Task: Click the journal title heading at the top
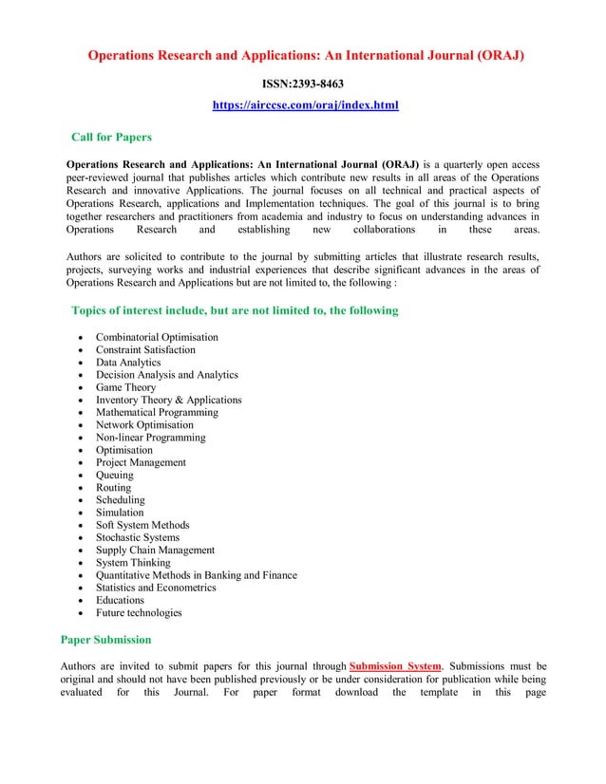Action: coord(305,55)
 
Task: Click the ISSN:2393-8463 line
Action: coord(302,84)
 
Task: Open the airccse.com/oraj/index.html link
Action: coord(304,104)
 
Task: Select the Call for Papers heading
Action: coord(111,138)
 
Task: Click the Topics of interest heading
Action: coord(235,310)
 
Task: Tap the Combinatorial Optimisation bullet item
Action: coord(157,337)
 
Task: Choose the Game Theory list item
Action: coord(125,387)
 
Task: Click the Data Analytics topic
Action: coord(128,363)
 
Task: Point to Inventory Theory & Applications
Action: coord(168,400)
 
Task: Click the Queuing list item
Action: coord(115,475)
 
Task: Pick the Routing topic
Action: coord(113,488)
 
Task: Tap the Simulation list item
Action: coord(120,513)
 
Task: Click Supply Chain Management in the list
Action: coord(155,550)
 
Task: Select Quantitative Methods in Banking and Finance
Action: coord(196,575)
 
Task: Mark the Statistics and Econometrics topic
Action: coord(156,588)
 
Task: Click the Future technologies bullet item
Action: coord(139,612)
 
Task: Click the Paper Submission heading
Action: coord(105,639)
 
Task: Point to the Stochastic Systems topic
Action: coord(137,537)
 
